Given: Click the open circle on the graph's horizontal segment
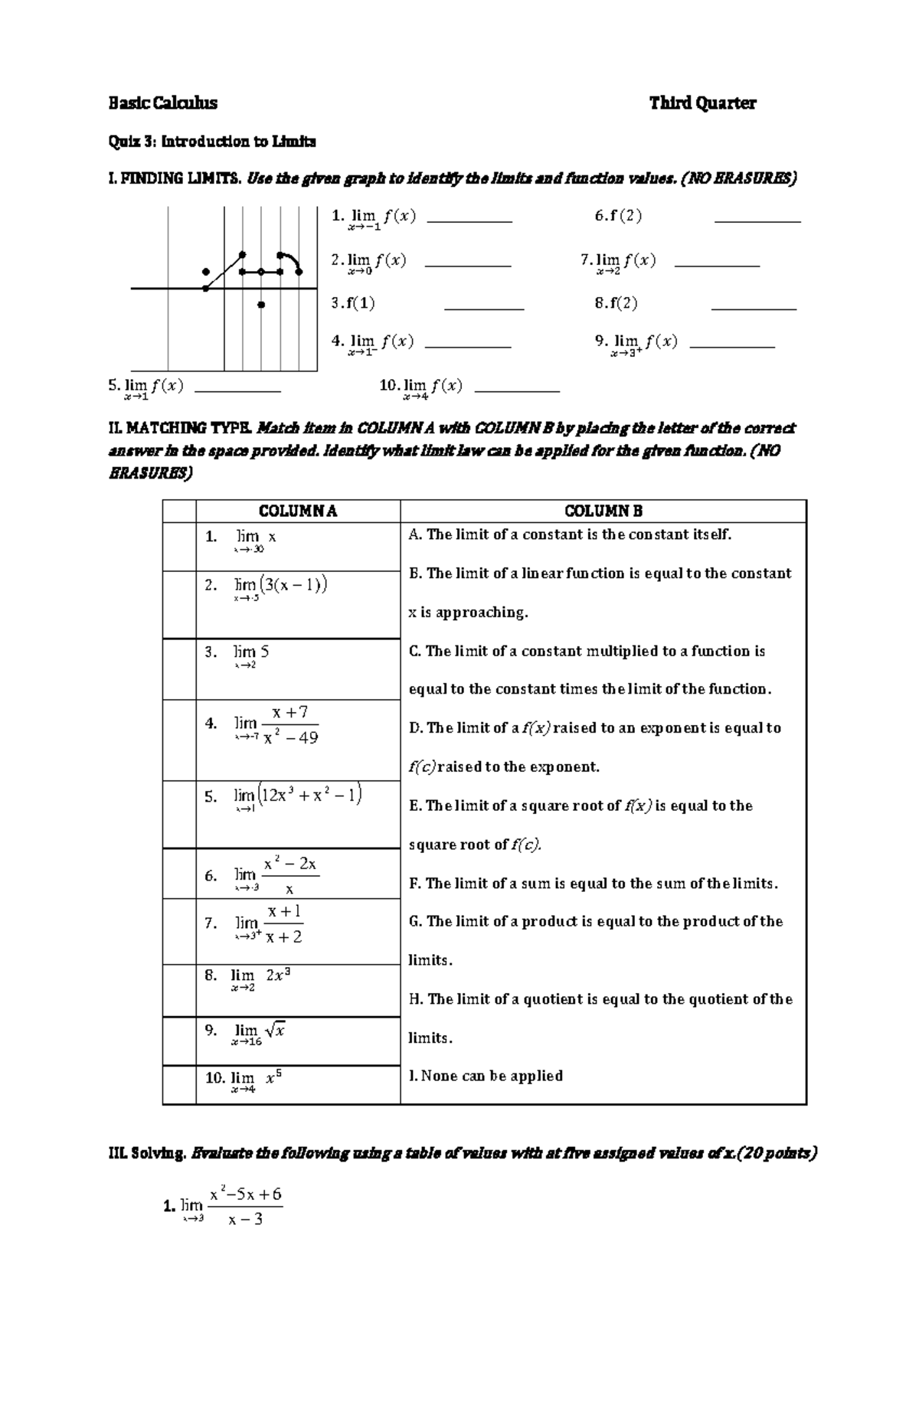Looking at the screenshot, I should click(261, 271).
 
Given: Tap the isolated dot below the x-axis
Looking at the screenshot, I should click(261, 305).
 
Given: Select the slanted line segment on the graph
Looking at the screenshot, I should click(224, 271).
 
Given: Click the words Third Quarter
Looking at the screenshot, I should click(702, 103).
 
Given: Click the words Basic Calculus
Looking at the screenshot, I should click(162, 103).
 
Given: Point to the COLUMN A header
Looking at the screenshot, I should click(298, 511).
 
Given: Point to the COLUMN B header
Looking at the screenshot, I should click(603, 511).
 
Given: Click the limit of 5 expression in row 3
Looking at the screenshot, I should click(251, 655).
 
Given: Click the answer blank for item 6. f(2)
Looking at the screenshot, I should click(757, 221).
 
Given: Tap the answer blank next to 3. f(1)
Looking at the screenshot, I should click(483, 308).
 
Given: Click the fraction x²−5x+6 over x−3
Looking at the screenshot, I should click(245, 1206).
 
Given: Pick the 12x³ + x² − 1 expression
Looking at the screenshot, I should click(309, 795).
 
